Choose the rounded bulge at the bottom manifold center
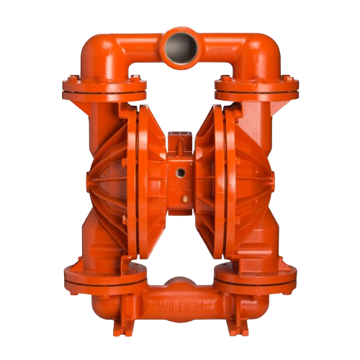pyautogui.click(x=180, y=283)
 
